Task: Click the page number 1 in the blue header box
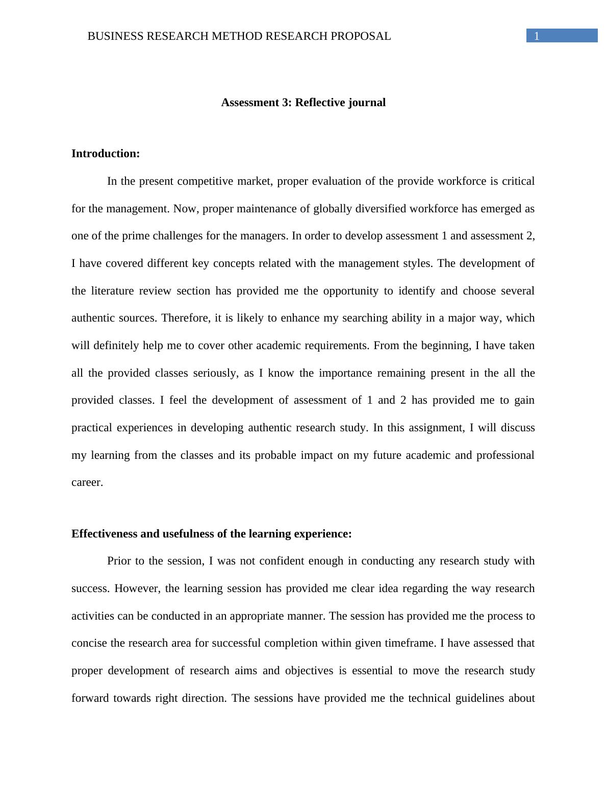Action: tap(537, 36)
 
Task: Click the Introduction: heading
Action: tap(106, 154)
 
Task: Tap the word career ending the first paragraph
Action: tap(87, 482)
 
